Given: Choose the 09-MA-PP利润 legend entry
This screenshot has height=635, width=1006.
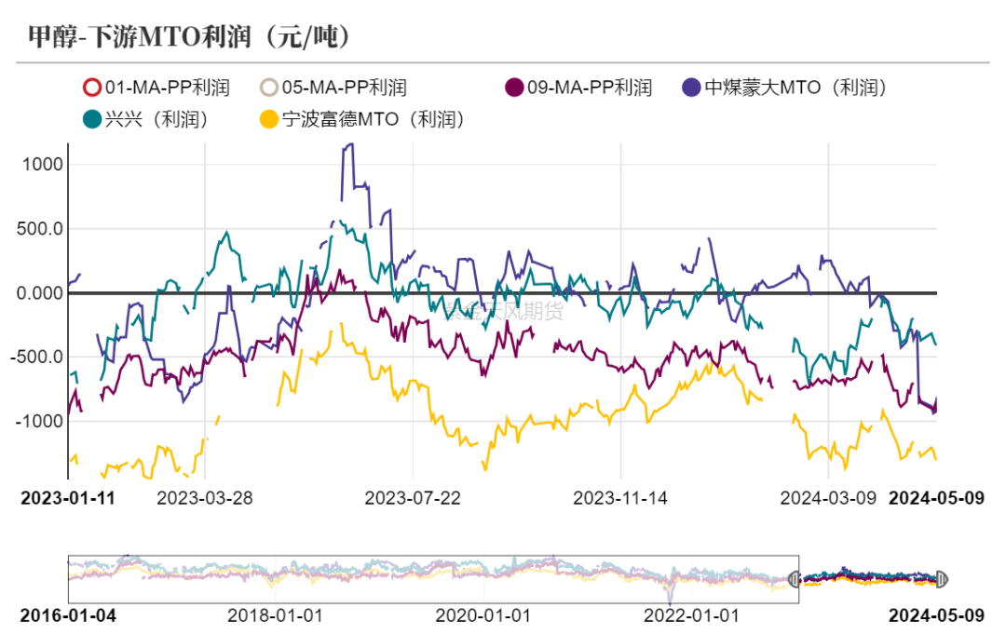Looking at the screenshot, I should pos(578,88).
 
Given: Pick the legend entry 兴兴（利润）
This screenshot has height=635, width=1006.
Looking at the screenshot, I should pos(143,119).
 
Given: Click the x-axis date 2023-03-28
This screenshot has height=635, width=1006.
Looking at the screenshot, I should pos(204,497).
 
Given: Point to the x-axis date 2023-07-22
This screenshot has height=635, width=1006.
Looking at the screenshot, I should pos(412,497).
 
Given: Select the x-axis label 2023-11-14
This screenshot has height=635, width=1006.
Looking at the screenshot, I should pos(620,497).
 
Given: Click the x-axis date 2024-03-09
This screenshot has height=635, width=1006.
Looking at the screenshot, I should pos(828,497).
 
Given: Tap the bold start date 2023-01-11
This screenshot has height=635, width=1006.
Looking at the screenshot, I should pos(68,497).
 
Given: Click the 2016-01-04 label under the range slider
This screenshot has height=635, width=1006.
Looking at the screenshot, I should pos(68,615).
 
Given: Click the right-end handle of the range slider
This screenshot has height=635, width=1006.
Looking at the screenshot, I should pos(940,579).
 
